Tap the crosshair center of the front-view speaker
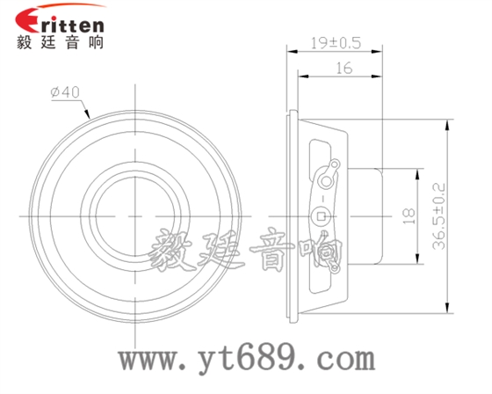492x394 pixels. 137,214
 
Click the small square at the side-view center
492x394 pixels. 322,215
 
